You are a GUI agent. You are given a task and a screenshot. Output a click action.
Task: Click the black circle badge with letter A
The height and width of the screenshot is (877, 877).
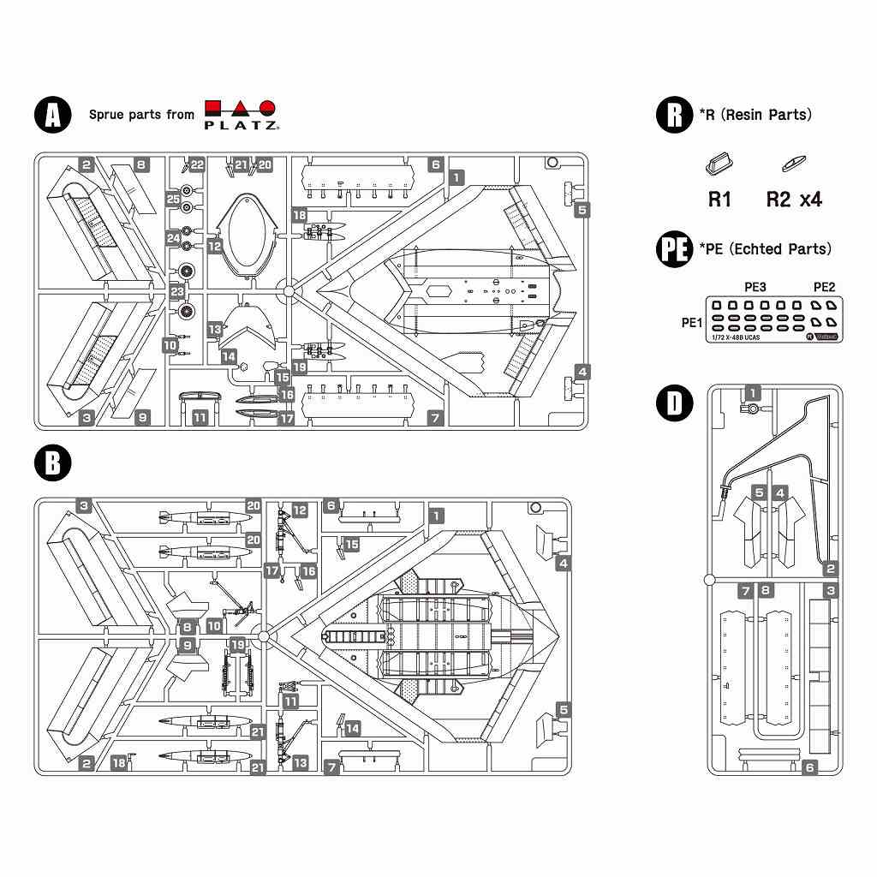pyautogui.click(x=52, y=115)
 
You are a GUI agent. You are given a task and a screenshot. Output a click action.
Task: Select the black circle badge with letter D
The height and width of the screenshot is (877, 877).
pyautogui.click(x=674, y=404)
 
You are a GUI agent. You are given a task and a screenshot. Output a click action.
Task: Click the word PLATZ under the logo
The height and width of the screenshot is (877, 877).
pyautogui.click(x=241, y=125)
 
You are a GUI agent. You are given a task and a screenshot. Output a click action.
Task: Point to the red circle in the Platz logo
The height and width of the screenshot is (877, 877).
pyautogui.click(x=268, y=109)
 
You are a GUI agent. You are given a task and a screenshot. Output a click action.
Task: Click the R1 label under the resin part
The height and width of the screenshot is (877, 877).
pyautogui.click(x=719, y=200)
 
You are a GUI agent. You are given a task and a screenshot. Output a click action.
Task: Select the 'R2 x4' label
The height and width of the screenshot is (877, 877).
pyautogui.click(x=794, y=200)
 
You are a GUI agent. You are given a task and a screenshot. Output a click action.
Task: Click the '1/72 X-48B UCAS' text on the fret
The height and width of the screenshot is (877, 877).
pyautogui.click(x=735, y=337)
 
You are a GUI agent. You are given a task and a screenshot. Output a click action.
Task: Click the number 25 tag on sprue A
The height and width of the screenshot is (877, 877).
pyautogui.click(x=174, y=199)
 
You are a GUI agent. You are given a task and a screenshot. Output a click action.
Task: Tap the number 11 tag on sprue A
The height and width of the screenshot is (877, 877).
pyautogui.click(x=200, y=418)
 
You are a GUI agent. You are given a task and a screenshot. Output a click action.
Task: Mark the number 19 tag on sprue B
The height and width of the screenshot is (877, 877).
pyautogui.click(x=236, y=644)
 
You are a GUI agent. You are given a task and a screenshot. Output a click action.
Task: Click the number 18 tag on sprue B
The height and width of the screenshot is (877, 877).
pyautogui.click(x=119, y=762)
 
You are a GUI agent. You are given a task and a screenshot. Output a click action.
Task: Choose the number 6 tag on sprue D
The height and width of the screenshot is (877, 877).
pyautogui.click(x=809, y=767)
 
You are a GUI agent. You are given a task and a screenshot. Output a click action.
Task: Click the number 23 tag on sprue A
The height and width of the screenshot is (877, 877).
pyautogui.click(x=177, y=291)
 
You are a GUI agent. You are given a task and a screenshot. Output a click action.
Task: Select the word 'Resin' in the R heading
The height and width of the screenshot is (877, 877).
pyautogui.click(x=744, y=115)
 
